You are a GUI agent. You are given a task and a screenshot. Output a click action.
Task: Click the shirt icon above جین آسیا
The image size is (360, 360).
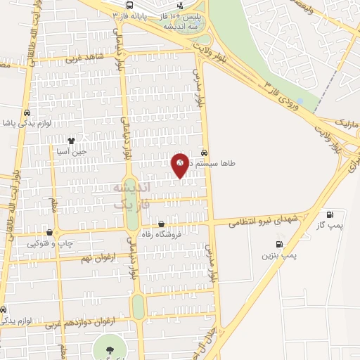70,141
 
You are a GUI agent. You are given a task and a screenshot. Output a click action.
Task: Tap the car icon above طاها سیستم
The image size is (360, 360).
204,152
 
